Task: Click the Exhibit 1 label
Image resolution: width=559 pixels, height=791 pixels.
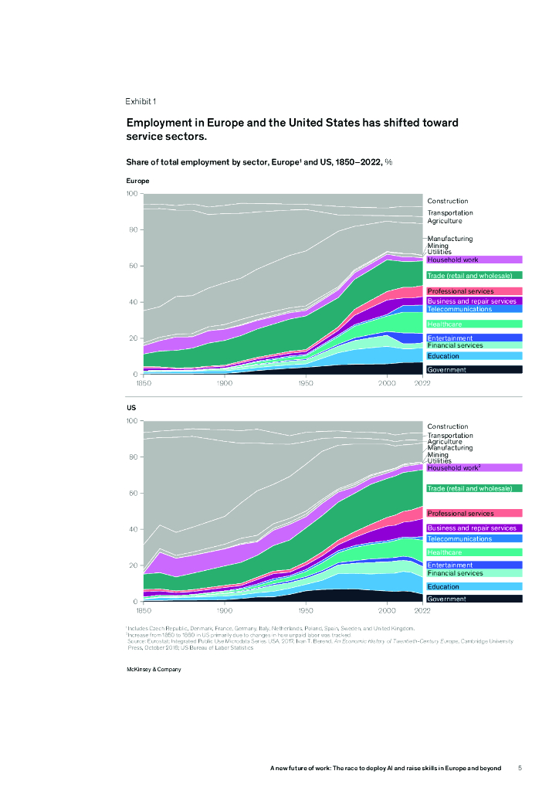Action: point(141,101)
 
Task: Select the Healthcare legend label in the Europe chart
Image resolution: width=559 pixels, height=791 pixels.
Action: point(445,324)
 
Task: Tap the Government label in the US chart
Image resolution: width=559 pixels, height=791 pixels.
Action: point(447,599)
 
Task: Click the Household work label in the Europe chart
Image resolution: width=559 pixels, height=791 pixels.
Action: point(453,260)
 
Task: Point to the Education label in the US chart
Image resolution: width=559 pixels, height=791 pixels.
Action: point(443,587)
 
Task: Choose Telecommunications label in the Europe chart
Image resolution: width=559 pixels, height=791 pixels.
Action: point(459,309)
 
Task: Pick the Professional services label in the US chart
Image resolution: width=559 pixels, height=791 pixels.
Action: point(460,514)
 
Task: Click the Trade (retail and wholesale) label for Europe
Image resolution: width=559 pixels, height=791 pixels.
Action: point(469,276)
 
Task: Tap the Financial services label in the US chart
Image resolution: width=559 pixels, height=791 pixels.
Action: point(456,573)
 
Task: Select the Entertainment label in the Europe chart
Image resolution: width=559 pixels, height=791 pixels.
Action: point(449,338)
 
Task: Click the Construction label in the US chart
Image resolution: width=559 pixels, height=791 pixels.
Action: point(448,426)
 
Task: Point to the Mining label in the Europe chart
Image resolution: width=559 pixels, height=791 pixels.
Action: point(438,246)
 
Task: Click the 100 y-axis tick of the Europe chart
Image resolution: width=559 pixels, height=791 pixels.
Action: point(132,193)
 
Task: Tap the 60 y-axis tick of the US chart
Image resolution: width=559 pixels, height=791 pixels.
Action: point(134,493)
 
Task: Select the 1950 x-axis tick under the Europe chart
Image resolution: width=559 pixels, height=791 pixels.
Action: point(306,382)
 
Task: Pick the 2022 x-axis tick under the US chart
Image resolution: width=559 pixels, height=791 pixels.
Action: point(422,609)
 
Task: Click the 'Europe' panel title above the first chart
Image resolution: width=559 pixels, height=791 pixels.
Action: point(137,181)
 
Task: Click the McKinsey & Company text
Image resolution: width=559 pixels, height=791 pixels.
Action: point(154,669)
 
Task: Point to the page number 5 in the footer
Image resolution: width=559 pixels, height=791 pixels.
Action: point(520,768)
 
